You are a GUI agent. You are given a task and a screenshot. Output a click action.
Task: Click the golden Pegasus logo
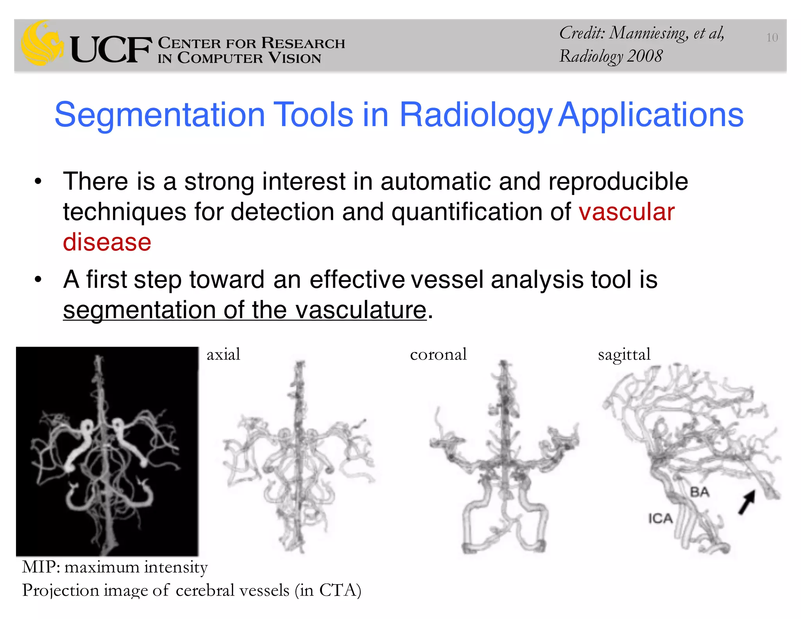click(42, 43)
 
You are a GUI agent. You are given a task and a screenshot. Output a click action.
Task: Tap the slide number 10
click(772, 38)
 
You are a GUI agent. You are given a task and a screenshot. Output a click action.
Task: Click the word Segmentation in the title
click(160, 115)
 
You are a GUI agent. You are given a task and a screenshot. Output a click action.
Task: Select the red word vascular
click(627, 212)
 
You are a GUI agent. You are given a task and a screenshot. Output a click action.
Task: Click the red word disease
click(107, 242)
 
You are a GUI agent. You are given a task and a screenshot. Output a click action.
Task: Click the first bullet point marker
click(38, 182)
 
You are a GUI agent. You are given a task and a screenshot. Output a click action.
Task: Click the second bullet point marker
click(38, 280)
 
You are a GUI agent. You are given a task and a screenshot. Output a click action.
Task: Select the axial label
click(223, 354)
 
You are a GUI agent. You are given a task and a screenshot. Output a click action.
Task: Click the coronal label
click(438, 354)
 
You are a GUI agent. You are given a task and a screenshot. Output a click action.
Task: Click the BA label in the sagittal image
click(699, 492)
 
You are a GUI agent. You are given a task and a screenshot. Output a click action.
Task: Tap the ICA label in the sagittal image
click(660, 519)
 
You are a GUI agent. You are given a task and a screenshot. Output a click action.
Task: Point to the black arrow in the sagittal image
click(747, 502)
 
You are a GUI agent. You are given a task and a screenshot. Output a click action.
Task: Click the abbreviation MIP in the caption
click(40, 567)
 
